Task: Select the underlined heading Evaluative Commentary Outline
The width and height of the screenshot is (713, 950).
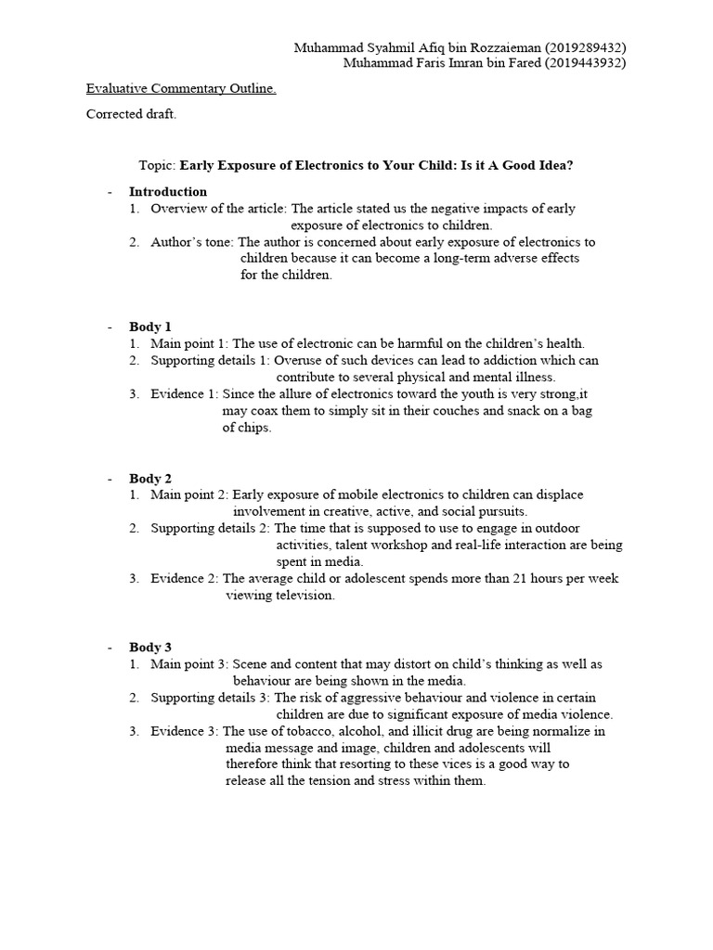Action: [x=181, y=89]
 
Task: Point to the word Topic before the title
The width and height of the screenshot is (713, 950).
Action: [x=155, y=165]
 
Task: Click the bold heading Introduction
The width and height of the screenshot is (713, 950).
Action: [x=168, y=192]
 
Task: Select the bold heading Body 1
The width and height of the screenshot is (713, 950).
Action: [x=150, y=327]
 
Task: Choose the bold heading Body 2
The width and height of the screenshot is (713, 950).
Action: [x=150, y=479]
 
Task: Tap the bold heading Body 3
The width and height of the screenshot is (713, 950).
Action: [x=150, y=648]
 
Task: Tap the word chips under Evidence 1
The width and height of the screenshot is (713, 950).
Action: [x=255, y=428]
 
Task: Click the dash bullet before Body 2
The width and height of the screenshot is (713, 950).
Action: [x=109, y=479]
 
